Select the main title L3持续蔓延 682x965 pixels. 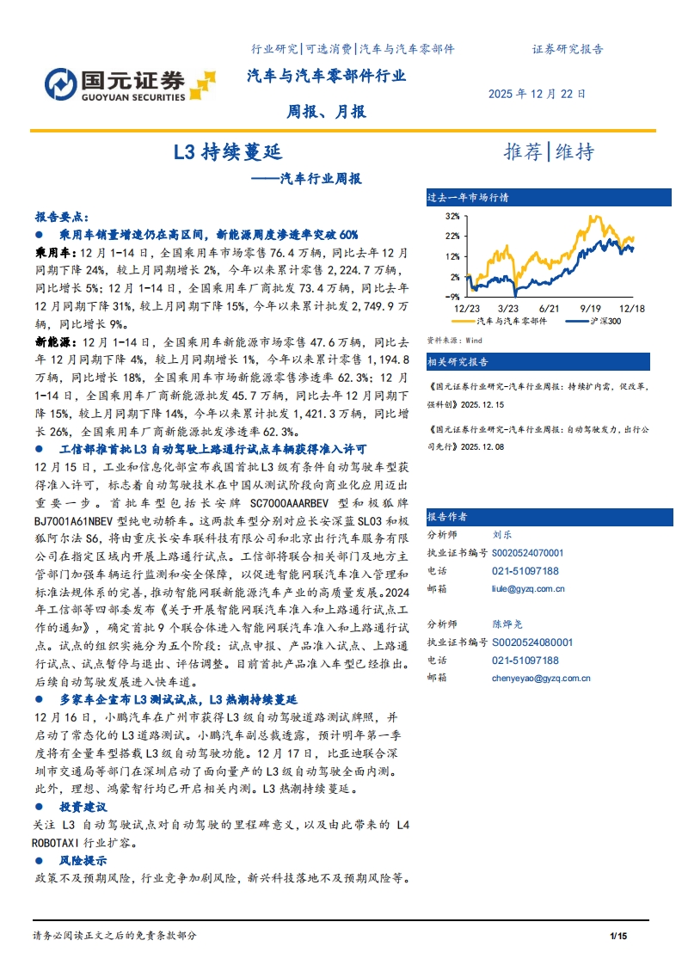click(x=227, y=153)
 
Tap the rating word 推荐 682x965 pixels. click(x=523, y=152)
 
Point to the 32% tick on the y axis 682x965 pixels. click(x=452, y=216)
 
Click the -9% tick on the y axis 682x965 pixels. click(x=453, y=295)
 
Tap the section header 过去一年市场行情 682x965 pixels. click(x=468, y=198)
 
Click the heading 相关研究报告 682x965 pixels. click(x=458, y=361)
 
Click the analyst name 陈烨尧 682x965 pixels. click(x=507, y=624)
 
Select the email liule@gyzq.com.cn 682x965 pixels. click(x=528, y=589)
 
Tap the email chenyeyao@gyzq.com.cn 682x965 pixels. click(x=540, y=678)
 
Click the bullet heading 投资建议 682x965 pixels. click(x=83, y=807)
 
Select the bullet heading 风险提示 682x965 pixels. click(x=83, y=860)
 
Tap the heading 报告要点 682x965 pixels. click(x=61, y=218)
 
